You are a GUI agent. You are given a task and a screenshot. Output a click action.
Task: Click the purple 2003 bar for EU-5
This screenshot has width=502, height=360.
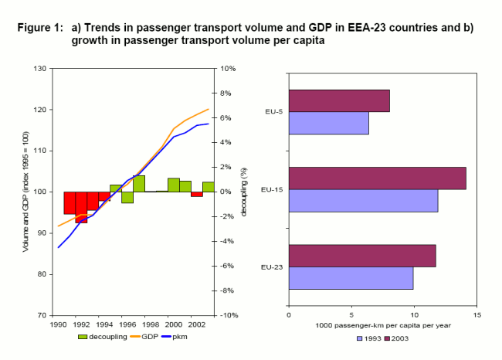pos(338,101)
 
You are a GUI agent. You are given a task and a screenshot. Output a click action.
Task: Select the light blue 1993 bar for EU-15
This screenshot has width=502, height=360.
pos(363,200)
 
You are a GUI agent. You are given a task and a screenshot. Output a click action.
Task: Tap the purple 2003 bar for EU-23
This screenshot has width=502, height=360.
pos(361,255)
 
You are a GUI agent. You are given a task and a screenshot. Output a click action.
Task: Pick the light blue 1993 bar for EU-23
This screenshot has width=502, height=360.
pos(351,277)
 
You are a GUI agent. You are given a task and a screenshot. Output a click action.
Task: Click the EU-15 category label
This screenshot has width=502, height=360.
pos(272,189)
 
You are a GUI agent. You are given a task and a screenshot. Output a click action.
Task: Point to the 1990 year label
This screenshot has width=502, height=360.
pos(59,326)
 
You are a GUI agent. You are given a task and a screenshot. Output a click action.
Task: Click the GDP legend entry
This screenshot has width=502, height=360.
pos(144,337)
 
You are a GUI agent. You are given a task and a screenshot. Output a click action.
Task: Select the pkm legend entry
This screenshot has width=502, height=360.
pos(179,337)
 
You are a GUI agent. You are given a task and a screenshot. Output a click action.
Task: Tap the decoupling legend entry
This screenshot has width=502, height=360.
pos(103,337)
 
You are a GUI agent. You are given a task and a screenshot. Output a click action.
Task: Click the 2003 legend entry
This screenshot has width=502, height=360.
pos(398,338)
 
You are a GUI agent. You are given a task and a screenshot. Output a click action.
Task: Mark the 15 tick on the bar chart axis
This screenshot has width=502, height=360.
pos(477,314)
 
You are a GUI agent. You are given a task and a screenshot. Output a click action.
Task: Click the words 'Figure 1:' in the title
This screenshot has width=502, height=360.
pos(39,27)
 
